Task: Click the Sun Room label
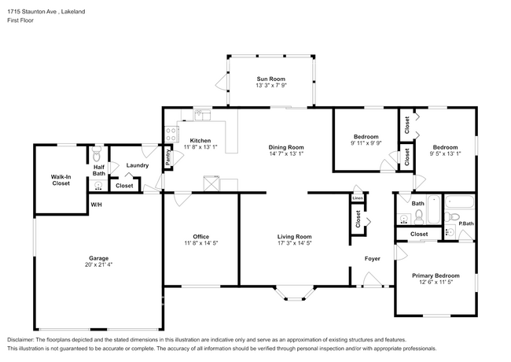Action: coord(270,79)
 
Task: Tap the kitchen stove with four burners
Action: coord(171,134)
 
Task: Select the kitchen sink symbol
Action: coord(202,115)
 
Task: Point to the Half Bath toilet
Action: coord(97,154)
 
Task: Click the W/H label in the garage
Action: coord(96,205)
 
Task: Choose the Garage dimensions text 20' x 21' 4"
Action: coord(98,265)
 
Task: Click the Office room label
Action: coord(200,237)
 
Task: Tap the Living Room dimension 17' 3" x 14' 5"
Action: coord(295,243)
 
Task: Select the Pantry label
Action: coord(167,157)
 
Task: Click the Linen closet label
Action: coord(358,198)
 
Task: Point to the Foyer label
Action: coord(372,259)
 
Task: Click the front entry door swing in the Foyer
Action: coord(373,279)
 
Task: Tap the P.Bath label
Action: coord(466,223)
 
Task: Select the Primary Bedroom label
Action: coord(436,276)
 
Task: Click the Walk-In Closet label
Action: coord(61,180)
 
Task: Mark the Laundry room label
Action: coord(138,165)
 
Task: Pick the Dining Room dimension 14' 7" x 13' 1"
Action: coord(286,153)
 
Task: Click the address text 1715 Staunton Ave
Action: coord(32,12)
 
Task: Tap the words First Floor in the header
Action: coord(20,20)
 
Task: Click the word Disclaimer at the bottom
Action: coord(20,340)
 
